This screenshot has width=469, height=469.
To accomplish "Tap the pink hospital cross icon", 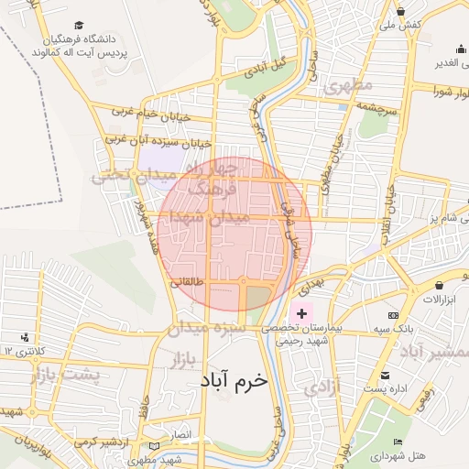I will pyautogui.click(x=301, y=313).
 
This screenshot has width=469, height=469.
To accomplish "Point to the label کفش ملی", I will pyautogui.click(x=402, y=25).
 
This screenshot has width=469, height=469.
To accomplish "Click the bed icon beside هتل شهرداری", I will pyautogui.click(x=397, y=442).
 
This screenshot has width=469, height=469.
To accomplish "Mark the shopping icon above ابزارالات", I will pyautogui.click(x=440, y=287).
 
